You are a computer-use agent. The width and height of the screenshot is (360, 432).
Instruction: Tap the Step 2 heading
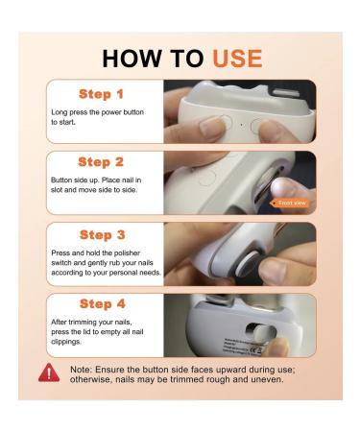[x=107, y=162]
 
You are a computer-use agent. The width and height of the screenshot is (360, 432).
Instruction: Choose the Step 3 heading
[x=107, y=234]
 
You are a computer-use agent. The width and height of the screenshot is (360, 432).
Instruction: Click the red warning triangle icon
[x=49, y=372]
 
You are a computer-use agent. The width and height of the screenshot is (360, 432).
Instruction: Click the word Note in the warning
[x=83, y=368]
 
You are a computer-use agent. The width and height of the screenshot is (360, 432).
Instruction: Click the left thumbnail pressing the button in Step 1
[x=210, y=125]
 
